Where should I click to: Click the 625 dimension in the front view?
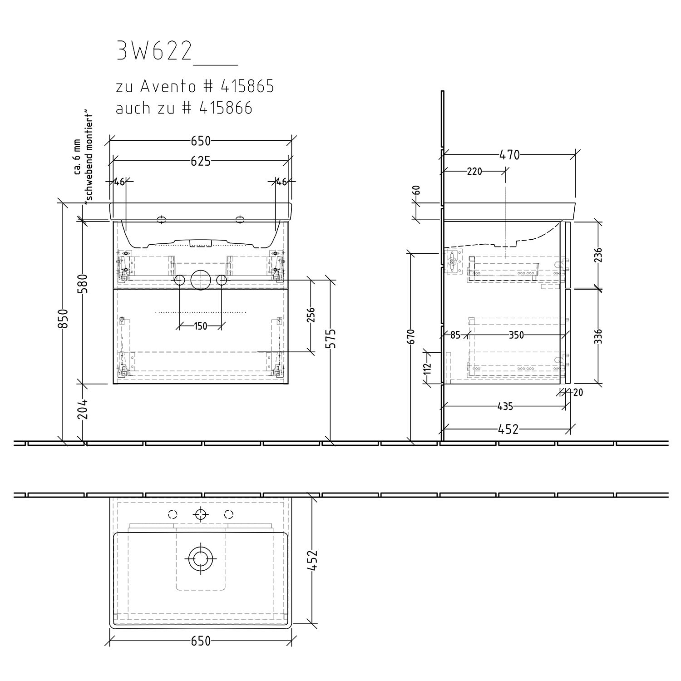coord(201,161)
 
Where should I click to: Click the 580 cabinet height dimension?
coord(87,284)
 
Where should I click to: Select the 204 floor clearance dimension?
coord(87,410)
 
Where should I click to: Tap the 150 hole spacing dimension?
coord(200,326)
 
